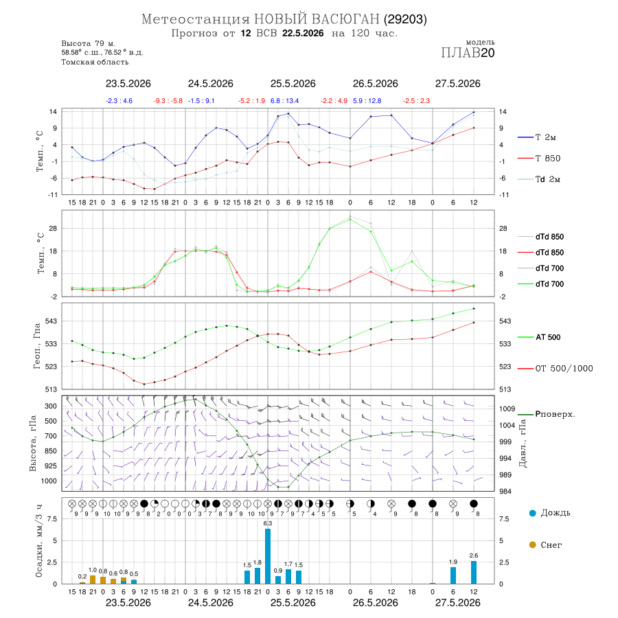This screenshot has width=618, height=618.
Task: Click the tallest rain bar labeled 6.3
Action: click(268, 556)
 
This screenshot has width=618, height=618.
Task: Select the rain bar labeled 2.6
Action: click(474, 572)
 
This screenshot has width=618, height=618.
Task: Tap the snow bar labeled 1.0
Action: click(93, 580)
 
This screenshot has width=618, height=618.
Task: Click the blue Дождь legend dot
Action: click(533, 513)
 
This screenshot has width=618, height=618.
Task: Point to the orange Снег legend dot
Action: click(533, 545)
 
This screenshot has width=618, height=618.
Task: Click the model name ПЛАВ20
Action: click(468, 53)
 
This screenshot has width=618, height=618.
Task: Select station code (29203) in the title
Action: click(406, 19)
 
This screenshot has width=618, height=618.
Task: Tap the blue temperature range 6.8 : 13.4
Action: click(284, 101)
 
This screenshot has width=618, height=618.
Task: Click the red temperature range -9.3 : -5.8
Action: click(168, 101)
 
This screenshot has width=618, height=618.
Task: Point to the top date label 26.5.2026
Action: click(375, 84)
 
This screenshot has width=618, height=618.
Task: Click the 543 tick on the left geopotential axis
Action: click(51, 321)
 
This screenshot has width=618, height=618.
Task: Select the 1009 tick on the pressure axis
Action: click(507, 409)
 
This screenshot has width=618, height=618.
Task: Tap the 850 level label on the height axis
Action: click(50, 451)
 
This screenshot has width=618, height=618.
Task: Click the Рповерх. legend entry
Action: click(547, 414)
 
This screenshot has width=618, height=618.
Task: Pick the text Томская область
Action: click(95, 62)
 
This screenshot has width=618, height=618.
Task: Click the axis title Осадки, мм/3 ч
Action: click(38, 541)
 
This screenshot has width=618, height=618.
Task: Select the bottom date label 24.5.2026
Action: click(211, 603)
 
